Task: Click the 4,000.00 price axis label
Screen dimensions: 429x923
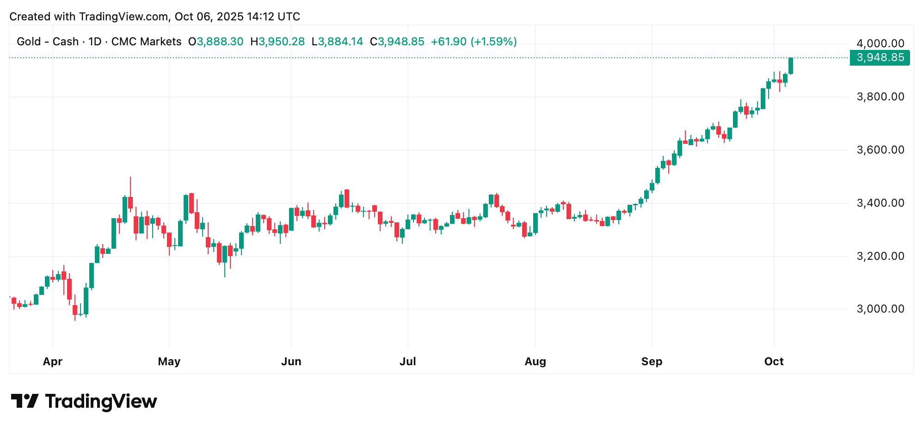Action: point(880,43)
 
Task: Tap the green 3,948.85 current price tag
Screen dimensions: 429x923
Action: point(880,58)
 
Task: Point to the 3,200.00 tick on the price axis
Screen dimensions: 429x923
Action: point(880,256)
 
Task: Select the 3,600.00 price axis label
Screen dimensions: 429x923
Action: point(880,150)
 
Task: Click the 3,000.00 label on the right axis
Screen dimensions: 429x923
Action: point(880,309)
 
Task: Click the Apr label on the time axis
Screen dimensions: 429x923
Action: point(52,362)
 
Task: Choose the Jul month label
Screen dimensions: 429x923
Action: point(407,362)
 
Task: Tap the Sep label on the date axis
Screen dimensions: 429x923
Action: point(652,362)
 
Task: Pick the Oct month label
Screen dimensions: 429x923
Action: point(774,362)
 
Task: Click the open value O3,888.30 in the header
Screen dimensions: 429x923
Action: point(215,42)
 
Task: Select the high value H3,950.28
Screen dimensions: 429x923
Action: point(277,42)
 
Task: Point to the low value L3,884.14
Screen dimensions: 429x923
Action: point(337,42)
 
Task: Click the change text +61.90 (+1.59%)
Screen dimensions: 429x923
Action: point(474,42)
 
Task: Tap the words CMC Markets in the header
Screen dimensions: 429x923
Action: point(146,42)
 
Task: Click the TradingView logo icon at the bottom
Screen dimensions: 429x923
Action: point(25,401)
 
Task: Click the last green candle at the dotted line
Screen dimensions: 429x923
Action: point(791,66)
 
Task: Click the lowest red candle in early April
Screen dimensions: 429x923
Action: point(75,309)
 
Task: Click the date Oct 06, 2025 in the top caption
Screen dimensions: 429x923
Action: point(209,17)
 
